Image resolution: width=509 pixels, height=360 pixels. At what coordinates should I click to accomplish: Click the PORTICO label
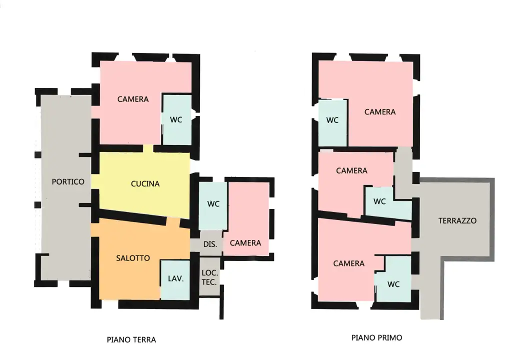68,182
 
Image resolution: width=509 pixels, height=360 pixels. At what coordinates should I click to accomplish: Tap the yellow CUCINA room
145,184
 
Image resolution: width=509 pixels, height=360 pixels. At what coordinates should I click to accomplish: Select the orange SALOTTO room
132,258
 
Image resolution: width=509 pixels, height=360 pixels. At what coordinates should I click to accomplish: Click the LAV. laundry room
175,279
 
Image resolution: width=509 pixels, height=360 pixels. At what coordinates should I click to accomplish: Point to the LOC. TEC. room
208,277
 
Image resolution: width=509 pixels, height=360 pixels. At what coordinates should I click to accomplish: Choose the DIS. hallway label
210,244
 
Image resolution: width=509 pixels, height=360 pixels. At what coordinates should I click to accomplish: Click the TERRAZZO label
457,220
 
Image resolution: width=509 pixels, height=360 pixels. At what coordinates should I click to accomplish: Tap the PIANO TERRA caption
131,340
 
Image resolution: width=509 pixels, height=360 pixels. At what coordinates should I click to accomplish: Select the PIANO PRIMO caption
376,338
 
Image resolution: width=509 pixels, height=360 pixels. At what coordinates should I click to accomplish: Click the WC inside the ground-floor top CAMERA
176,119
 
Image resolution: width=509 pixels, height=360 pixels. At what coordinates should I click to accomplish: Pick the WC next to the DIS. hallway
213,204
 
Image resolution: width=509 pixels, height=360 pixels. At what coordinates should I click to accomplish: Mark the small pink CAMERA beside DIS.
245,243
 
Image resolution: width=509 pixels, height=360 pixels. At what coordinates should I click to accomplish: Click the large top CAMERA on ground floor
133,99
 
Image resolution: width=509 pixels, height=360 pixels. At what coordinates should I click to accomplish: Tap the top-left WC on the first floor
332,120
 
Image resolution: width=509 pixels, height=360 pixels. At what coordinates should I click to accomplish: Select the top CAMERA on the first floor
380,112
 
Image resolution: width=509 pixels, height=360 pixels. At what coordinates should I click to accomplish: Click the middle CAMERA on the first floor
351,171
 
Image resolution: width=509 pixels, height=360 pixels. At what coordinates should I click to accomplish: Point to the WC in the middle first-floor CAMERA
380,202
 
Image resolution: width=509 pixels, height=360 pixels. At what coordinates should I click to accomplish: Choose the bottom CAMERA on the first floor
349,263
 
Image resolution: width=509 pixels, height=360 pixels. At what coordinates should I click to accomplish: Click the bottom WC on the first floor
393,284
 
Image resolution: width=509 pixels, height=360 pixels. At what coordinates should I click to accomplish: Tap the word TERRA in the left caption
143,340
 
